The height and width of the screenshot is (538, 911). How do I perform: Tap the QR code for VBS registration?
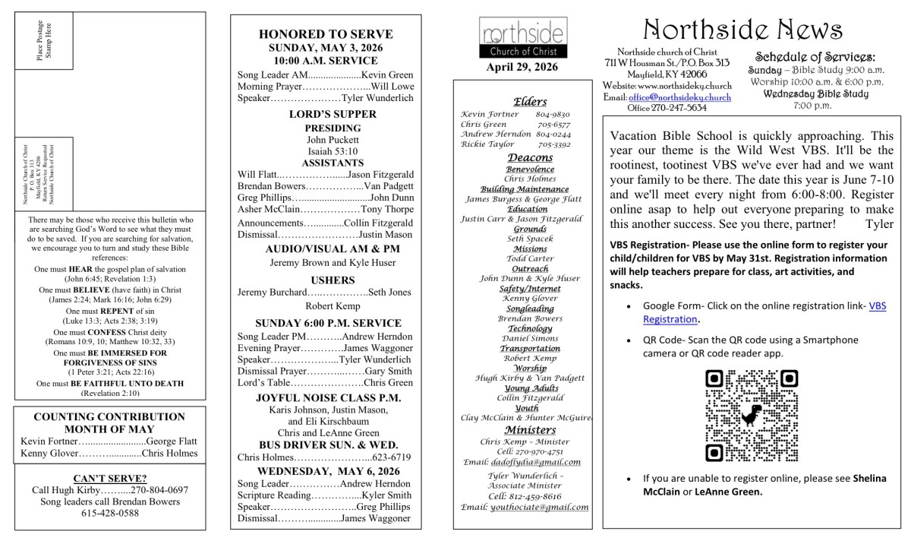click(x=752, y=416)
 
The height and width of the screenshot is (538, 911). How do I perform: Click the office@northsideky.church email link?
click(x=679, y=98)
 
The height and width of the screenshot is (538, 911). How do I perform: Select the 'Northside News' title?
click(x=742, y=30)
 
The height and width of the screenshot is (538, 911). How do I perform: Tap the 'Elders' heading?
click(x=530, y=102)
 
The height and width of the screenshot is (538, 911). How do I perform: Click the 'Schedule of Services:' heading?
click(x=815, y=57)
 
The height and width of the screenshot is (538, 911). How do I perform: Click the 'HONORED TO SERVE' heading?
click(x=326, y=34)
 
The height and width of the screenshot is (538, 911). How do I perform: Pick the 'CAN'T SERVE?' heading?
click(x=109, y=478)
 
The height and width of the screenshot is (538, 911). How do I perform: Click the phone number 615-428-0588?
click(x=110, y=513)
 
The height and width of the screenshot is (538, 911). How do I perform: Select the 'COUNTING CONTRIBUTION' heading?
click(x=109, y=417)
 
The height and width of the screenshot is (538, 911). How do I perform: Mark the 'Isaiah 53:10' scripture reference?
click(x=326, y=151)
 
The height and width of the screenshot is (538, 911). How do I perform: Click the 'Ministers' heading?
click(x=530, y=429)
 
